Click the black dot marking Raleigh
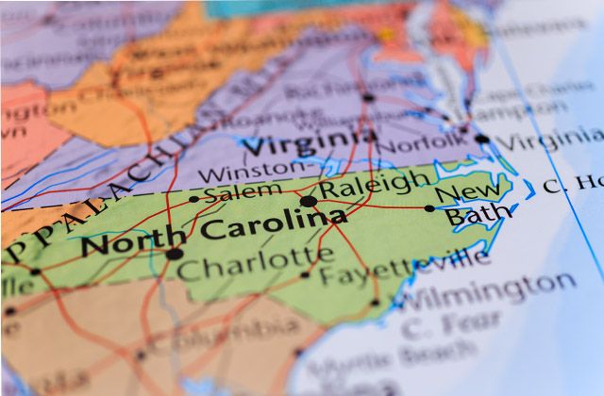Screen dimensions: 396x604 pos(309,201)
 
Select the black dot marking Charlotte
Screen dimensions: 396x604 pos(175,254)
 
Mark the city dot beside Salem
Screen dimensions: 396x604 pos(193,199)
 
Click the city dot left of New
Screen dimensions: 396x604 pos(429,208)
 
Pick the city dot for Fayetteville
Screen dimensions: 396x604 pos(304,275)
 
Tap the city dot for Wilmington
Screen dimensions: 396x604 pos(375,303)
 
